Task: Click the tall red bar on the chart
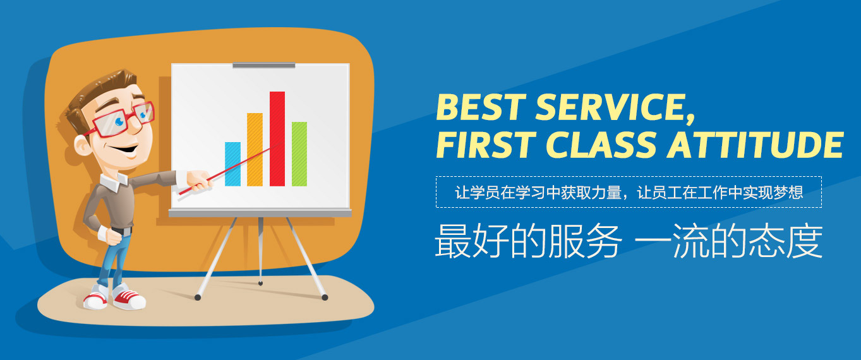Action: [277, 139]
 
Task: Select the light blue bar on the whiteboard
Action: [232, 164]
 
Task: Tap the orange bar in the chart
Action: [255, 150]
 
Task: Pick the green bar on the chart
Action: [299, 154]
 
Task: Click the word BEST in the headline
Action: [481, 107]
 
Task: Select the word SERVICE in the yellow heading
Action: [615, 108]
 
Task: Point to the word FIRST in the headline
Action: [486, 145]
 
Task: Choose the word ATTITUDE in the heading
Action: [755, 145]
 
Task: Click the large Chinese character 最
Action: [453, 241]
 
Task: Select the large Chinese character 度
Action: [805, 241]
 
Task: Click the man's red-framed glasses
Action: [121, 120]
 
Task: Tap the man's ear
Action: [82, 145]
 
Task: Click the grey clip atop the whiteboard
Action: [263, 65]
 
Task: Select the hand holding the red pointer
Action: [199, 180]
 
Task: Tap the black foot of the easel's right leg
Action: [325, 297]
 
